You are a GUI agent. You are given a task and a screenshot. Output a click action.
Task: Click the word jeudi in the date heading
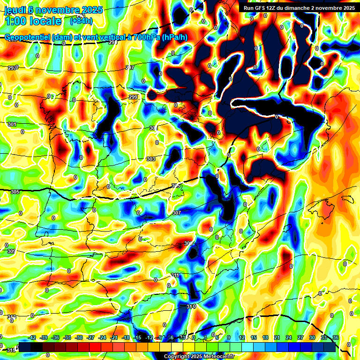pos(14,10)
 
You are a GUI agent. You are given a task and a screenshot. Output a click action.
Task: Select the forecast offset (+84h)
pos(81,21)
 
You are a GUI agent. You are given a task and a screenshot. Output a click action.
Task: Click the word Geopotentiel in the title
pos(26,37)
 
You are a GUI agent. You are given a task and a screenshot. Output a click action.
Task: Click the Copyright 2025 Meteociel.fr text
pos(199,357)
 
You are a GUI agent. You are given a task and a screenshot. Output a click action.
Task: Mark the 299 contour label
pos(134,97)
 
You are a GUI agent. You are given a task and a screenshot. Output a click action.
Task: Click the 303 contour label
pos(150,159)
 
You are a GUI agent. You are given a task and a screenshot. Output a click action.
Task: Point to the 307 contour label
pos(177,213)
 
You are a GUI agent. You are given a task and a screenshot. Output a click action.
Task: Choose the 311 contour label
pos(175,275)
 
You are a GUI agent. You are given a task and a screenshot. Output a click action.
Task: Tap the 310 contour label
pos(191,306)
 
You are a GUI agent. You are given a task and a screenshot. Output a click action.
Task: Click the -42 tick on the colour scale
pos(32,337)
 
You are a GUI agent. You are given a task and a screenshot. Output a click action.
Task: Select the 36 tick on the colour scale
pos(335,337)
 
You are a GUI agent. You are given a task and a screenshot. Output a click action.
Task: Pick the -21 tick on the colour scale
pos(114,337)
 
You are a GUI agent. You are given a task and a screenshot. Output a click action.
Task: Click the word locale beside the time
pos(45,21)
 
